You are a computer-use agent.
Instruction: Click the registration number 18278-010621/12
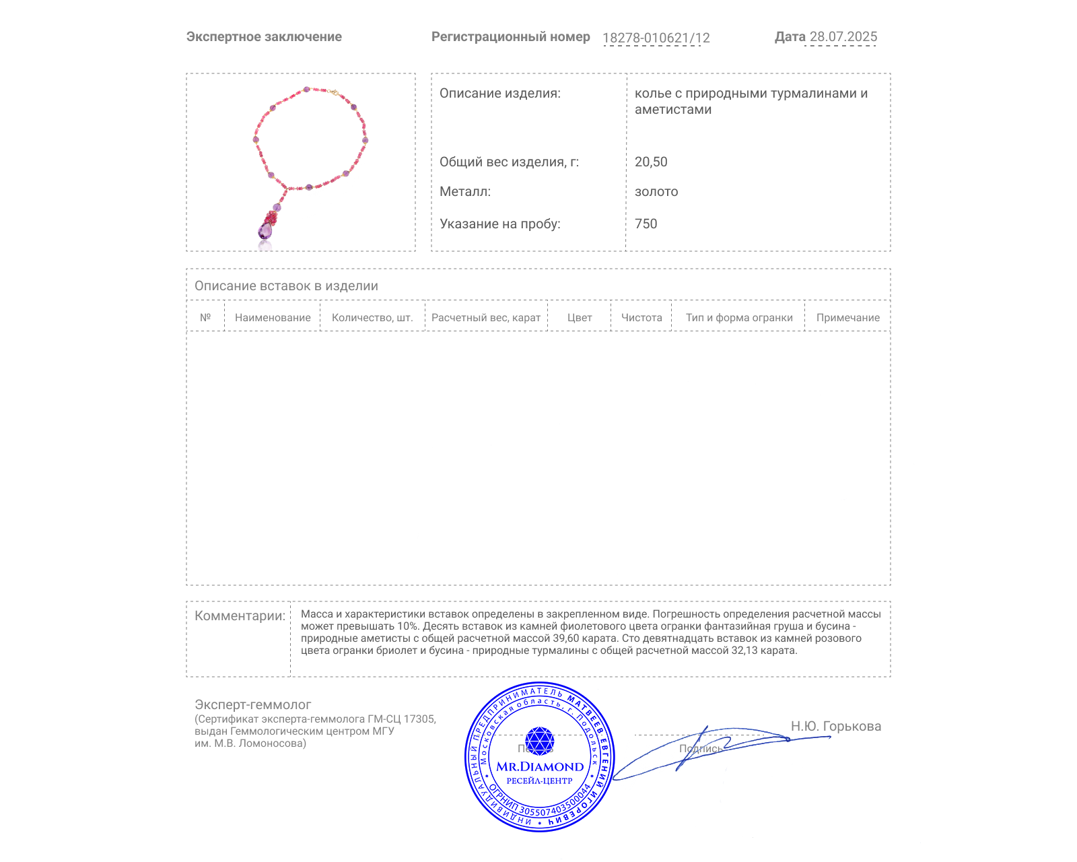pos(656,38)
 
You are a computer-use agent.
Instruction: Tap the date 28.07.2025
pos(843,37)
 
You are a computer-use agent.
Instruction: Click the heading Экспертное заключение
pos(264,37)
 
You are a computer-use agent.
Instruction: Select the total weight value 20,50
pos(651,162)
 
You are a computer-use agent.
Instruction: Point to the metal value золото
pos(656,192)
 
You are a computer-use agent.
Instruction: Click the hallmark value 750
pos(646,224)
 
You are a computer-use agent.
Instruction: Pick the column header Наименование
pos(273,318)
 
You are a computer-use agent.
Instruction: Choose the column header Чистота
pos(641,318)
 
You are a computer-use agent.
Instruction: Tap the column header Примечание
pos(847,318)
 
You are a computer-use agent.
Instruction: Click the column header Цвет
pos(580,318)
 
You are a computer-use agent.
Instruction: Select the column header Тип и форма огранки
pos(739,318)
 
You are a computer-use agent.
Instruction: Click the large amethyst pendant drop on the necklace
pos(265,231)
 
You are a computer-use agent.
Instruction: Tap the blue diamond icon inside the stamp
pos(539,741)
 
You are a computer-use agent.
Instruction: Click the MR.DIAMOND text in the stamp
pos(540,767)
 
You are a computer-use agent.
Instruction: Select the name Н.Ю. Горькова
pos(835,727)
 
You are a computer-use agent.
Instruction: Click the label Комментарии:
pos(240,616)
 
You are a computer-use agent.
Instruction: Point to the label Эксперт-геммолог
pos(252,705)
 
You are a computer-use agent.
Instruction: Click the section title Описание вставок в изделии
pos(286,286)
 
